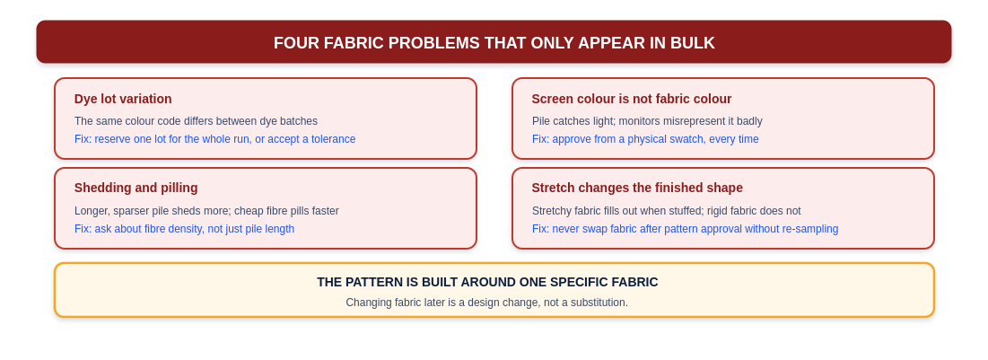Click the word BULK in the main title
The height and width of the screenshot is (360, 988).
[x=695, y=43]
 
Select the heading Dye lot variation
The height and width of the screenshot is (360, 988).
[x=123, y=99]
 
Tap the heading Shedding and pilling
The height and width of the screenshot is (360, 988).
[x=136, y=188]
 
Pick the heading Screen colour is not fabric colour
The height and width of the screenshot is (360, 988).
[x=632, y=99]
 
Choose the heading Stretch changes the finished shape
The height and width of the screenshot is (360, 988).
[x=637, y=188]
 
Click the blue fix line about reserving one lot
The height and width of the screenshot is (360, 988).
[x=214, y=139]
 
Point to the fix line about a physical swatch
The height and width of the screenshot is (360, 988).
[x=645, y=139]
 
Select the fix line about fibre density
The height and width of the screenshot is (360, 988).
[x=184, y=229]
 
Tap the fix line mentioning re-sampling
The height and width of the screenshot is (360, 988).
[x=685, y=229]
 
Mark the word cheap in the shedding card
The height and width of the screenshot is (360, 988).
[x=249, y=211]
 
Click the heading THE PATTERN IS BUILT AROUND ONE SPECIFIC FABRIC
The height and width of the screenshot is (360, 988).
[x=487, y=283]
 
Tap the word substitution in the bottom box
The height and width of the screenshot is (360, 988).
[x=596, y=303]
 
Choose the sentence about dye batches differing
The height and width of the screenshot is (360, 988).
[x=196, y=121]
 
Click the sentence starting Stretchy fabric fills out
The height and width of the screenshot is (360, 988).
[x=666, y=211]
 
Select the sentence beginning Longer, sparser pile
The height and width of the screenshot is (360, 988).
[x=206, y=211]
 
